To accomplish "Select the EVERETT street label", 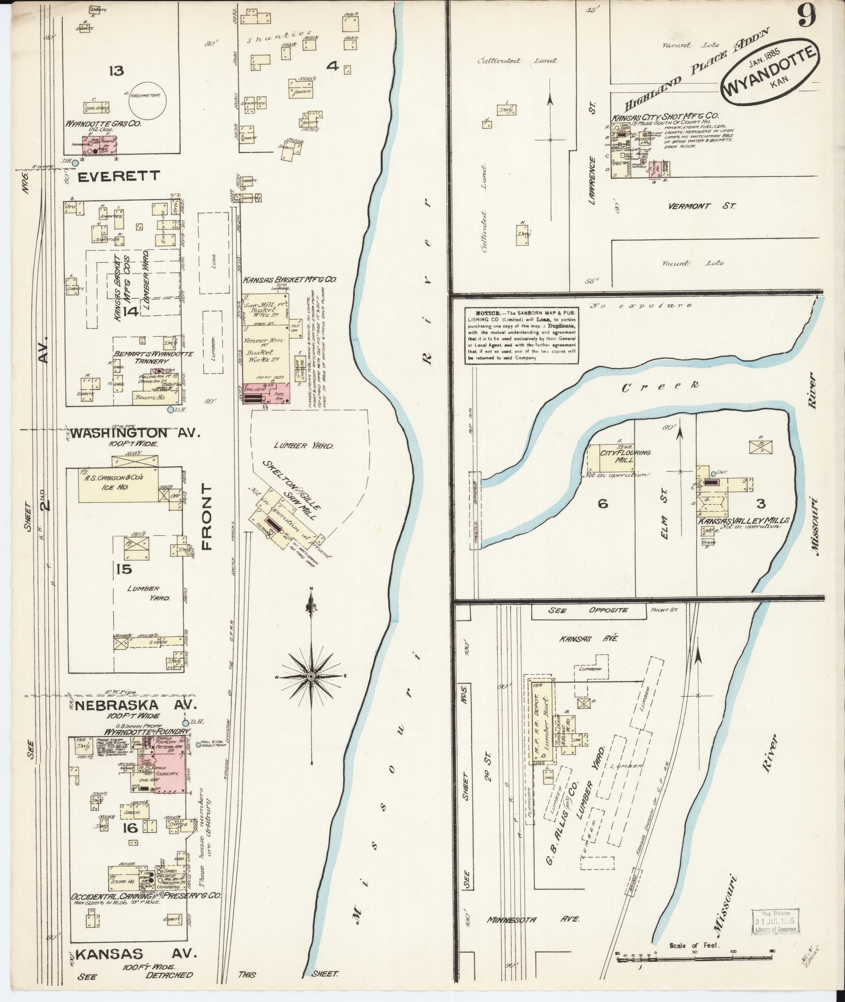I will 118,176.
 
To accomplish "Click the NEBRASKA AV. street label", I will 135,704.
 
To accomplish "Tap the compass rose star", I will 311,676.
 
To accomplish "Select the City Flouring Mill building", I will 610,458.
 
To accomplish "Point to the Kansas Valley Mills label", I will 743,521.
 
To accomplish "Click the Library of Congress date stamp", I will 775,920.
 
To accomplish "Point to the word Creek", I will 661,387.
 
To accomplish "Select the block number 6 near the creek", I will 602,504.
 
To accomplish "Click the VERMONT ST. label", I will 701,206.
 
